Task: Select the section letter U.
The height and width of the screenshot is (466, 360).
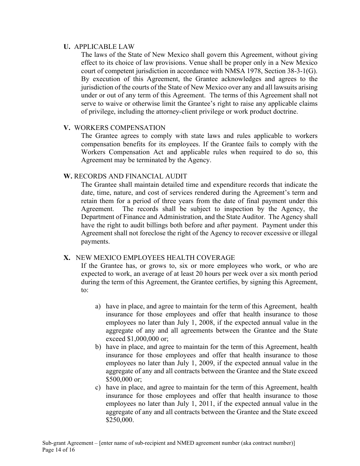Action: [x=67, y=47]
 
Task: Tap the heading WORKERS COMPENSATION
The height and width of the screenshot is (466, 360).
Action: [x=120, y=128]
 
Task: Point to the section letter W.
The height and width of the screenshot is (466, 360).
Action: [x=68, y=176]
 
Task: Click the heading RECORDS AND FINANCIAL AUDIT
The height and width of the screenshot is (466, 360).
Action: [x=130, y=176]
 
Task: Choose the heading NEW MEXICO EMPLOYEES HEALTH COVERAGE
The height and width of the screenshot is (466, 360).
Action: [x=155, y=258]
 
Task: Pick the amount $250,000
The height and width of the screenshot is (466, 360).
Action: [x=119, y=420]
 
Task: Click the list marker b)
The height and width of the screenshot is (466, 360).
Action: [x=98, y=347]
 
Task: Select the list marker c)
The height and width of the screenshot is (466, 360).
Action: [x=98, y=387]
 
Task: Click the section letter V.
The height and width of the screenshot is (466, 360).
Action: [x=67, y=128]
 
